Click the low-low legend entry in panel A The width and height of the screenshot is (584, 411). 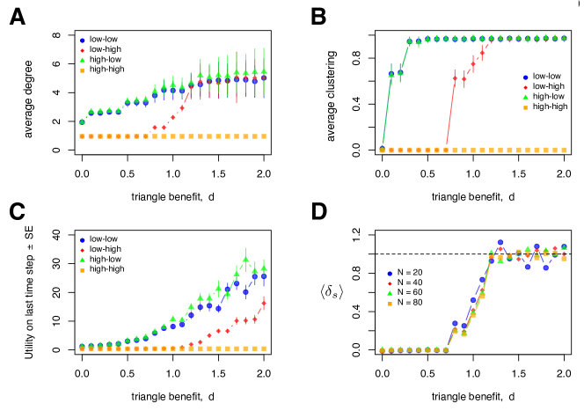[104, 40]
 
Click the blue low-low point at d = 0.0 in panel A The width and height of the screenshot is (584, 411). [83, 122]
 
